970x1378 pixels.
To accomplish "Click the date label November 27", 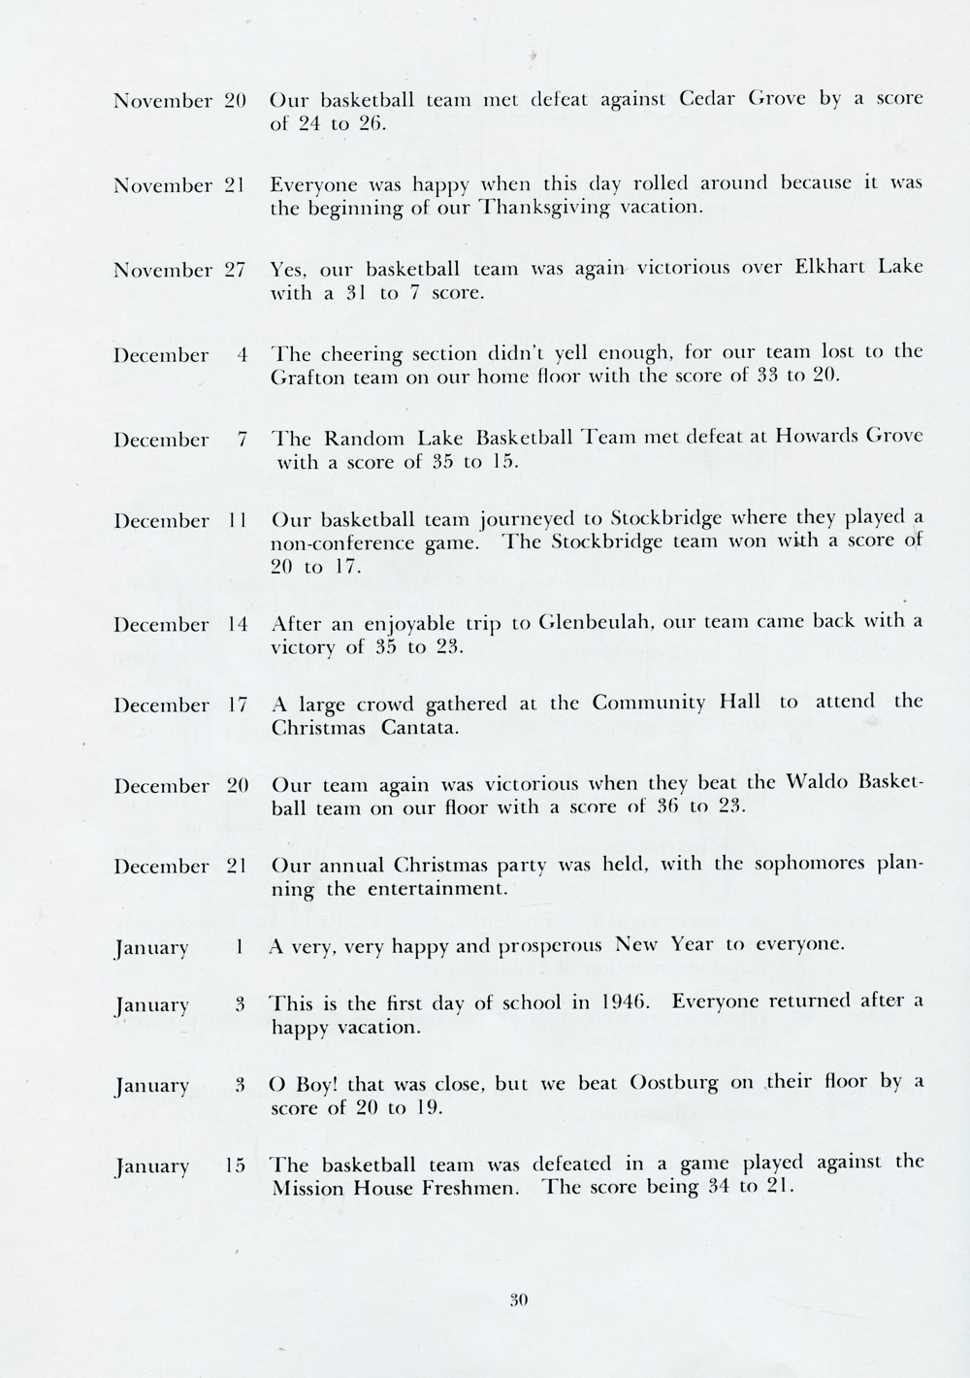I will [x=179, y=270].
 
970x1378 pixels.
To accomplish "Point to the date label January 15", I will [x=180, y=1165].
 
